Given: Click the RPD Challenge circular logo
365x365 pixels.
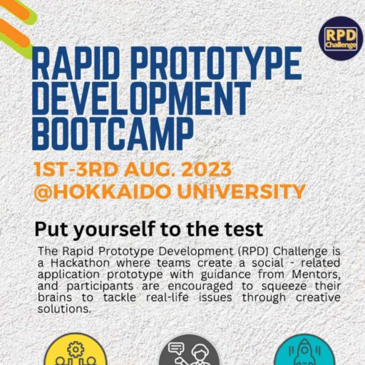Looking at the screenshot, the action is tap(341, 38).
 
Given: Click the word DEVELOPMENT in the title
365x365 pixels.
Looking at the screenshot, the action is tap(142, 98).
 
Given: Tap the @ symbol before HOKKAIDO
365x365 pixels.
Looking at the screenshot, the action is tap(43, 192).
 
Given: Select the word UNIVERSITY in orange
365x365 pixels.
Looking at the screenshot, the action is tap(241, 192).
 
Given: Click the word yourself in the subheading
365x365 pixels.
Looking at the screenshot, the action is tap(114, 230).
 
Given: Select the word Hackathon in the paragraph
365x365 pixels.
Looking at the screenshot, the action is tap(80, 263).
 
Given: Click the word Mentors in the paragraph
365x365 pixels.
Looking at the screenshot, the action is tap(316, 274).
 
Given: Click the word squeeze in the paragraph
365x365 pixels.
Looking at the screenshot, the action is tap(284, 287).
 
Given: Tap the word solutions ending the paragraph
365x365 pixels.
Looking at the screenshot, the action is tap(64, 309).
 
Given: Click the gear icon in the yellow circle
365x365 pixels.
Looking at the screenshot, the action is tap(76, 349).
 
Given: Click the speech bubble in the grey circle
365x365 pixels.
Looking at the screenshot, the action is tap(176, 348).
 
